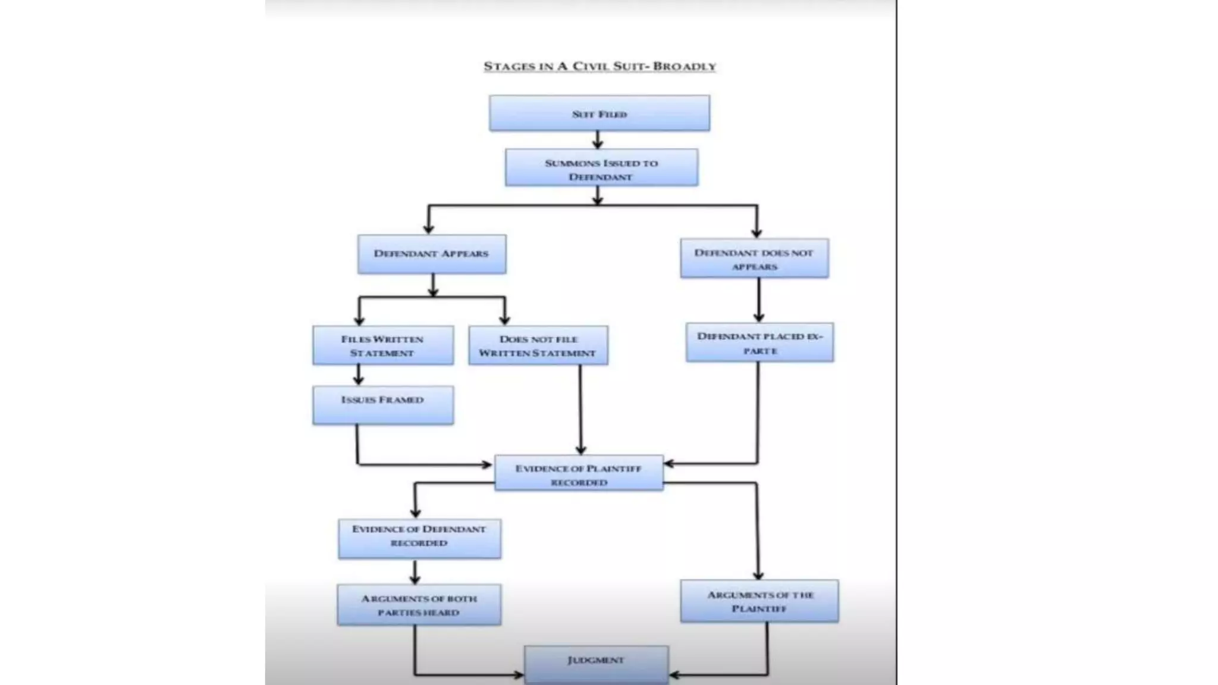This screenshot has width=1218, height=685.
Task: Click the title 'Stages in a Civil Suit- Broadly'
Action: (x=599, y=66)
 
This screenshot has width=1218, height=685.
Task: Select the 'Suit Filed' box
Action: (x=599, y=113)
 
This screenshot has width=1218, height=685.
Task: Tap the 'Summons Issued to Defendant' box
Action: (x=601, y=168)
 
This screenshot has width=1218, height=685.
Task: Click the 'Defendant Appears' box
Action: (x=432, y=254)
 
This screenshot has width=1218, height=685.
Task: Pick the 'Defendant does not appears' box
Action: (x=754, y=259)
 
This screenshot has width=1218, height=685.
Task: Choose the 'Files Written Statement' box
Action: (x=382, y=345)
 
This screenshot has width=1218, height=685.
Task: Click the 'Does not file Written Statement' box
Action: (x=538, y=345)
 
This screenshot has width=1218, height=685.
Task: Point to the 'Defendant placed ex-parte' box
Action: (x=759, y=342)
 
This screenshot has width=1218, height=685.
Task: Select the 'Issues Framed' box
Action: (x=382, y=405)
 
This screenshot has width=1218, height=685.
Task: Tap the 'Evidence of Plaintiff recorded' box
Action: (x=579, y=473)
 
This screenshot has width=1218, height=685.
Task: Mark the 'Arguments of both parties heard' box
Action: (x=419, y=605)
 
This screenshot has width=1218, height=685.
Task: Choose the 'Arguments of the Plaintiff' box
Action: (x=759, y=601)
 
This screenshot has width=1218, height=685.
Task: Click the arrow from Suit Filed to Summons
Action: (x=598, y=140)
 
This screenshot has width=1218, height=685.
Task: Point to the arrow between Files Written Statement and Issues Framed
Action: (x=358, y=375)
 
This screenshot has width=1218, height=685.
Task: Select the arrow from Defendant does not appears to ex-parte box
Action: (x=758, y=300)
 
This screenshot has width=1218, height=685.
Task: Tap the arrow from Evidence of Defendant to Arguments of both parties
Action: (x=415, y=572)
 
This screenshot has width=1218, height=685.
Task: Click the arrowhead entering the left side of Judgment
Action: (x=519, y=675)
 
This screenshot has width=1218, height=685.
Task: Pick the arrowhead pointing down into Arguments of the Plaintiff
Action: (x=758, y=574)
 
